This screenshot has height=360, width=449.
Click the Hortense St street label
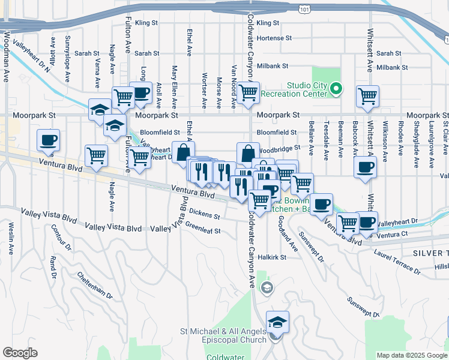click(274, 37)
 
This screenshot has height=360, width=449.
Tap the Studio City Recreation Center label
click(307, 89)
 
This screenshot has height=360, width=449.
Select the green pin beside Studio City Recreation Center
click(336, 89)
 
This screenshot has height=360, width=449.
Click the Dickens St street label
click(204, 212)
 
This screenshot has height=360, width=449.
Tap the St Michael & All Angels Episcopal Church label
click(224, 335)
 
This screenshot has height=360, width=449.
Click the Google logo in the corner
click(19, 353)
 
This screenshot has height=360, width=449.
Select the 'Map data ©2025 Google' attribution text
click(412, 355)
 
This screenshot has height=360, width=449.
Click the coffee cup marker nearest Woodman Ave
click(49, 140)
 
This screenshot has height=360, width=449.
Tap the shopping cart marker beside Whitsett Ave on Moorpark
click(367, 96)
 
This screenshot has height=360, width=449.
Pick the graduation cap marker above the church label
click(277, 322)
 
